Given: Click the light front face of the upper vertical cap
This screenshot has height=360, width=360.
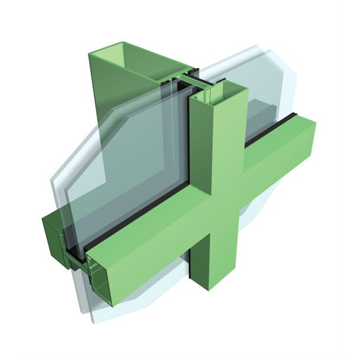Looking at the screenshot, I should [226, 144].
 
